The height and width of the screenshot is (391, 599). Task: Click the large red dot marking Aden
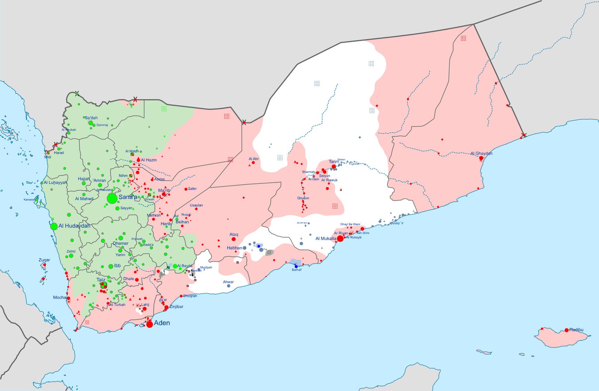tap(149, 324)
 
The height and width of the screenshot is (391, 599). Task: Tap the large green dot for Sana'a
tap(112, 199)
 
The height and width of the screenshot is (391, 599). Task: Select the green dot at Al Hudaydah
tap(54, 226)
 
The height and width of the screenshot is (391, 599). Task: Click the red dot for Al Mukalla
tap(340, 238)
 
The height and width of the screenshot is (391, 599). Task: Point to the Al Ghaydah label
tap(481, 153)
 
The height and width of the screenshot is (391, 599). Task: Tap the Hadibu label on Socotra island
tap(577, 330)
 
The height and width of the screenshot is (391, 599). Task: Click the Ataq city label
tap(234, 235)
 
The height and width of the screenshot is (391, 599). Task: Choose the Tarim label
tap(334, 162)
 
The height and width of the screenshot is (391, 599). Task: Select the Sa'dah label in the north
tap(91, 118)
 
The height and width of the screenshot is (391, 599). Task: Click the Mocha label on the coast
tap(60, 297)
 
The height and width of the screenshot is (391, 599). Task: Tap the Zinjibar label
tap(176, 307)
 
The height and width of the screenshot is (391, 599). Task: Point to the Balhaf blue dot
tap(296, 266)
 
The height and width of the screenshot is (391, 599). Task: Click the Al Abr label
tap(253, 159)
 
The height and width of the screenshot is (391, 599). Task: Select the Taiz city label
tap(101, 280)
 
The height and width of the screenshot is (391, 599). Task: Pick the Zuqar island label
tap(44, 260)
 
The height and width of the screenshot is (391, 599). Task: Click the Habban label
tap(234, 248)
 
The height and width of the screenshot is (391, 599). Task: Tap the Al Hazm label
tap(149, 160)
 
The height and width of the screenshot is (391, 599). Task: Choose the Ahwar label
tap(228, 282)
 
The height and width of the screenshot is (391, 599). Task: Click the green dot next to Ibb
tap(110, 266)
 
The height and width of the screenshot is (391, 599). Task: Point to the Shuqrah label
tap(190, 296)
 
